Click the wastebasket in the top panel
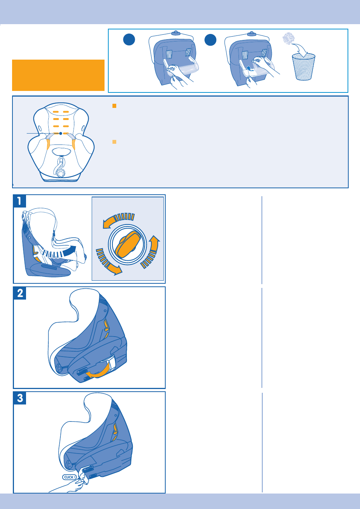[x=303, y=66]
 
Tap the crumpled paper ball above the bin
[x=289, y=38]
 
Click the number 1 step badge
[x=20, y=201]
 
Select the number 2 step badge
[x=20, y=293]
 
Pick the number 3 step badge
[x=20, y=398]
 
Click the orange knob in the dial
[x=128, y=245]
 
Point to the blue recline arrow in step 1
[x=59, y=252]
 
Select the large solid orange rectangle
[x=58, y=75]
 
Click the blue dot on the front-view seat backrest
[x=61, y=134]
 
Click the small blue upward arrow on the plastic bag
[x=249, y=68]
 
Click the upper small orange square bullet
[x=114, y=106]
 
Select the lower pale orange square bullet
[x=114, y=142]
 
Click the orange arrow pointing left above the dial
[x=118, y=220]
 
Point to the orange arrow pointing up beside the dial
[x=152, y=252]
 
